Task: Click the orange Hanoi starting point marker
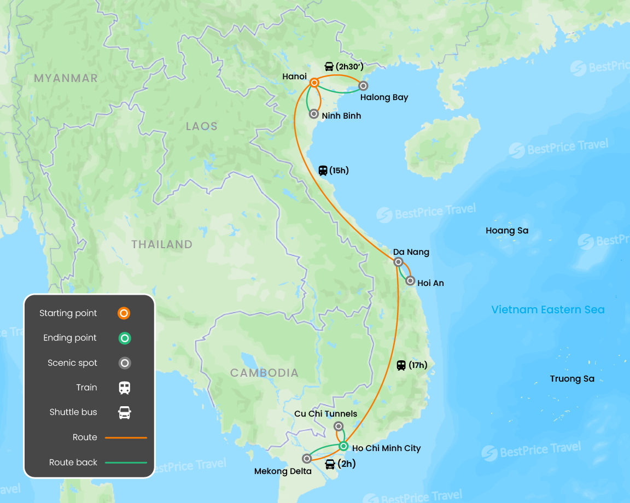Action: point(314,83)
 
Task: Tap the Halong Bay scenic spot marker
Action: point(363,85)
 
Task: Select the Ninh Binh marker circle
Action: point(313,114)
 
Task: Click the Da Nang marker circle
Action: point(399,262)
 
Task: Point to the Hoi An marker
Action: point(410,280)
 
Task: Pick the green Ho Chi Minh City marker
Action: point(343,446)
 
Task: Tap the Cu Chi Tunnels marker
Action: point(339,426)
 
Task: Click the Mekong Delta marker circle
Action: point(307,458)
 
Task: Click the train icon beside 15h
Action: point(323,170)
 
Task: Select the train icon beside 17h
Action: point(401,365)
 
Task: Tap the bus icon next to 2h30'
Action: point(329,67)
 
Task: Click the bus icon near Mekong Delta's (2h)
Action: point(330,464)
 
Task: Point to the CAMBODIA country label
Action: point(264,373)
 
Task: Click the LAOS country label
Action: point(202,126)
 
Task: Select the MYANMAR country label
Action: point(66,78)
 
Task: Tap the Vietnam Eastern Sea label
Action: point(547,309)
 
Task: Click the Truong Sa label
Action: point(572,378)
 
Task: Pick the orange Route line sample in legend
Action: point(126,437)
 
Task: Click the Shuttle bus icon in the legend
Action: point(125,412)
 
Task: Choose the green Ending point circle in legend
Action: point(125,338)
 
